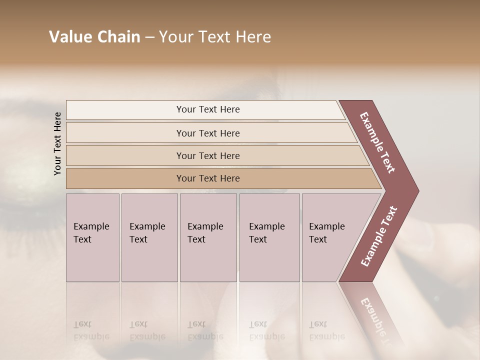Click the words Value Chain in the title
point(94,37)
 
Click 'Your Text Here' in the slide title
point(215,37)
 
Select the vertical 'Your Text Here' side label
point(58,143)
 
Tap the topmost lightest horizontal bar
point(125,110)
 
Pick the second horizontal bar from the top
point(125,133)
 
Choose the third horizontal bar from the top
point(125,155)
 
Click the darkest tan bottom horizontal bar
point(125,178)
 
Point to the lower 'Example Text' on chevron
point(378,236)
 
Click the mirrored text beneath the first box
point(91,330)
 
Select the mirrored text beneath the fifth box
point(327,330)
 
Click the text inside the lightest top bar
point(208,109)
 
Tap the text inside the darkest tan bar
point(208,178)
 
